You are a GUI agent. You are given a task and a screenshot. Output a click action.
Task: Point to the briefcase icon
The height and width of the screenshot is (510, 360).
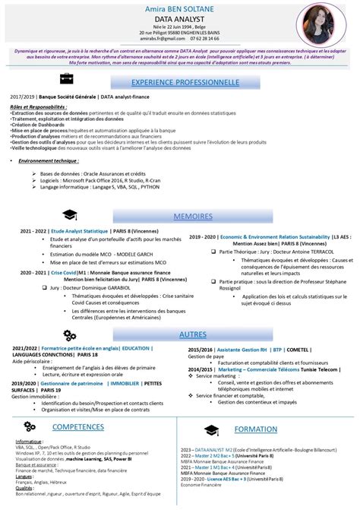pyautogui.click(x=66, y=79)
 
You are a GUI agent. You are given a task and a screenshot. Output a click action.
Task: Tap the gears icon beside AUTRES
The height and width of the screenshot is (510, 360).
pyautogui.click(x=69, y=334)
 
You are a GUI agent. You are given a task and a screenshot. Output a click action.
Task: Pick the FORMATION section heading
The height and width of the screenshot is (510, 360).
pyautogui.click(x=256, y=429)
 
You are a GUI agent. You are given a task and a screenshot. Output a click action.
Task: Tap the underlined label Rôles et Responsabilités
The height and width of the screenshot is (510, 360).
pyautogui.click(x=38, y=107)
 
